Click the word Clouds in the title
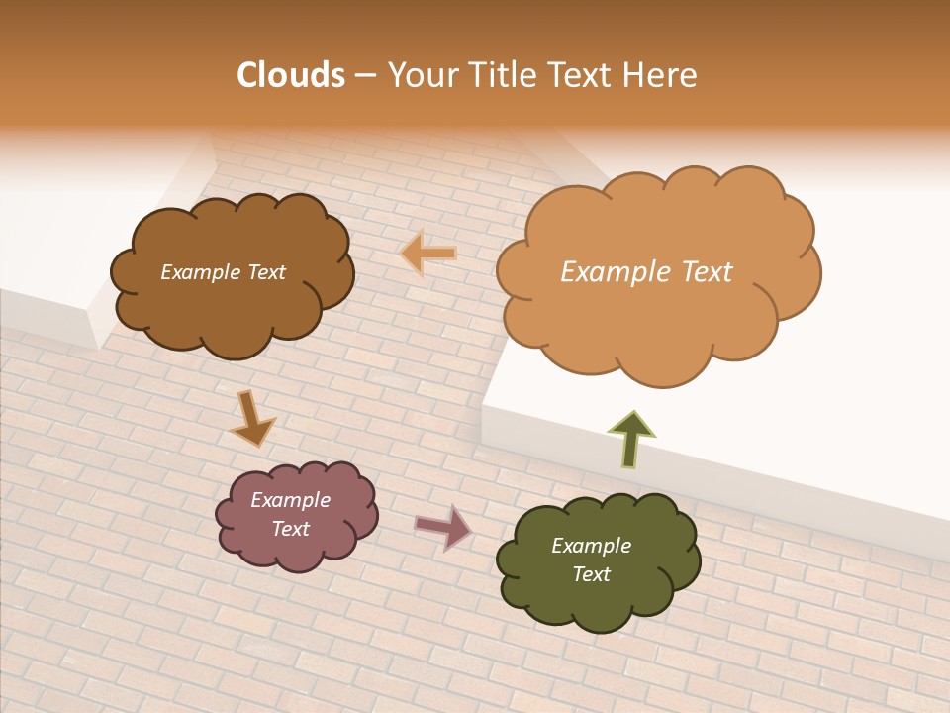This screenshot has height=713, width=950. point(291,75)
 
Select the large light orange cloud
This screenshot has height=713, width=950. point(653,317)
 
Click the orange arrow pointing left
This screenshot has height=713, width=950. point(429,255)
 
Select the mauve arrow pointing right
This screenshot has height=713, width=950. point(443,527)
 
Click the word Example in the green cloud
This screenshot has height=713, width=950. point(591,546)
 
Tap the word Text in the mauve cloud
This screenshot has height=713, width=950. point(291,529)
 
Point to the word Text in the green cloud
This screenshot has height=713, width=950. point(591,574)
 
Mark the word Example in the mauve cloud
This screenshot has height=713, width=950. point(291,500)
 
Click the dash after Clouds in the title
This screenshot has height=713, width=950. point(363,75)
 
